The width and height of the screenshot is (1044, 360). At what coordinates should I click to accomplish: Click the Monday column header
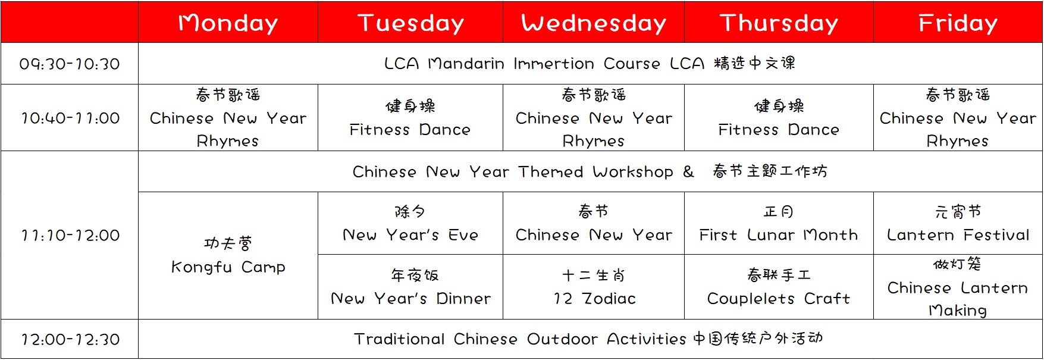coord(228,22)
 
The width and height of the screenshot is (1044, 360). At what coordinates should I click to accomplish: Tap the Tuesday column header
coord(410,22)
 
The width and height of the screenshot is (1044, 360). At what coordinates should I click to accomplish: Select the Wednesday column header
coord(594,22)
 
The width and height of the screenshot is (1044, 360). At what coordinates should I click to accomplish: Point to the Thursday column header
coord(779,22)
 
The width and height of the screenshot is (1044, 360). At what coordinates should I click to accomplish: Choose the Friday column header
coord(958,22)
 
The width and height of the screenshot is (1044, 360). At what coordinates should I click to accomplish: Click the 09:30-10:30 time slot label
coord(70,64)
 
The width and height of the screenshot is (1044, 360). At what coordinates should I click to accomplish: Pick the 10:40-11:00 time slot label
coord(70,118)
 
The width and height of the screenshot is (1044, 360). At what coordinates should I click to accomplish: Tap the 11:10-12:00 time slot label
coord(70,235)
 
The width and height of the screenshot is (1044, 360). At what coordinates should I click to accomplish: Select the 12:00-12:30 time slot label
coord(70,339)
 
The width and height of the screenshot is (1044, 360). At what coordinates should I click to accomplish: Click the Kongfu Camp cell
coord(228,255)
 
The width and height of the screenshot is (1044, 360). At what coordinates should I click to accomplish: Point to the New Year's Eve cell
coord(410,223)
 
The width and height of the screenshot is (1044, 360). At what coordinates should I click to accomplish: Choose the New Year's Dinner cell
coord(410,287)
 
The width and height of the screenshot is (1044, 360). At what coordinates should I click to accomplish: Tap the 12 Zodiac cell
coord(594,287)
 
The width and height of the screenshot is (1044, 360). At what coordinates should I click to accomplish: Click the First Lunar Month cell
coord(779,223)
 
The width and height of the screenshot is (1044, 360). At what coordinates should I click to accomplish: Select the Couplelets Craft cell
coord(779,287)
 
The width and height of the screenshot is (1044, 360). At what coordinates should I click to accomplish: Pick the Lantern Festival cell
coord(958,223)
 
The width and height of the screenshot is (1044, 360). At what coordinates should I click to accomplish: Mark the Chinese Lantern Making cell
coord(958,287)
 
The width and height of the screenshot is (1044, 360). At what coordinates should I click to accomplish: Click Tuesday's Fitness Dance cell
coord(410,118)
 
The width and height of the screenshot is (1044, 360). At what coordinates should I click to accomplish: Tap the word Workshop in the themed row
coord(633,172)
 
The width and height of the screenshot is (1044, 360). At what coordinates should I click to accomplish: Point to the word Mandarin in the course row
coord(466,64)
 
